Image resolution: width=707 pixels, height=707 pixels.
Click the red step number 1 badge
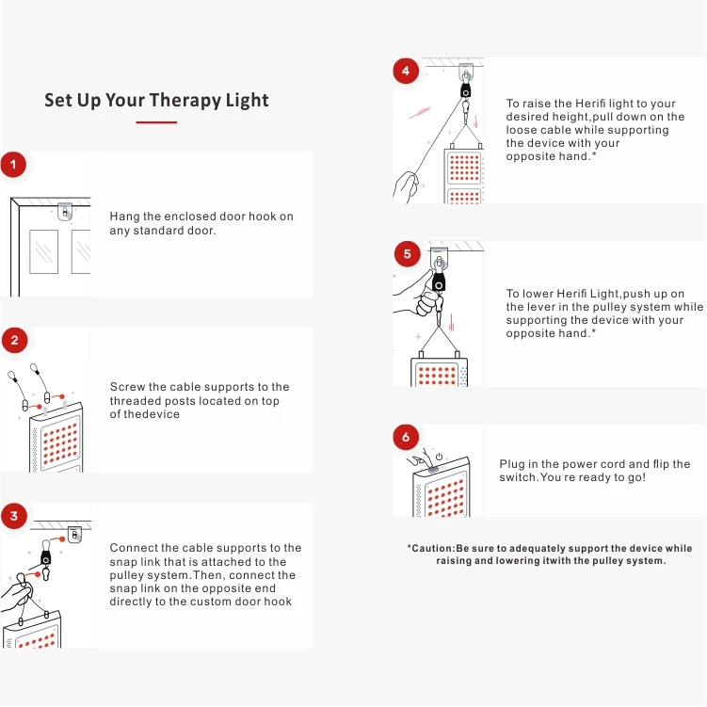click(x=13, y=167)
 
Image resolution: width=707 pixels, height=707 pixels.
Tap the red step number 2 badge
click(x=13, y=341)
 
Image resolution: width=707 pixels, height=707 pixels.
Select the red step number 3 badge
click(x=13, y=516)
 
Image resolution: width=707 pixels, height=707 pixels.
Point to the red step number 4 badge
click(x=406, y=71)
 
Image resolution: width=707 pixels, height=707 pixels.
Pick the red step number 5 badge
click(x=406, y=253)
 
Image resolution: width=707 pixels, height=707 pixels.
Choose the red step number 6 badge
click(x=406, y=437)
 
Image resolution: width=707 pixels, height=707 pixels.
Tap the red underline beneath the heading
click(x=156, y=122)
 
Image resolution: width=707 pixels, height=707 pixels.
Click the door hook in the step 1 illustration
click(x=64, y=212)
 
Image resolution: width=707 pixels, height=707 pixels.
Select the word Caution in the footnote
click(x=433, y=548)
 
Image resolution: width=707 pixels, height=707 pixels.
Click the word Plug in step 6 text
click(x=513, y=464)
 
